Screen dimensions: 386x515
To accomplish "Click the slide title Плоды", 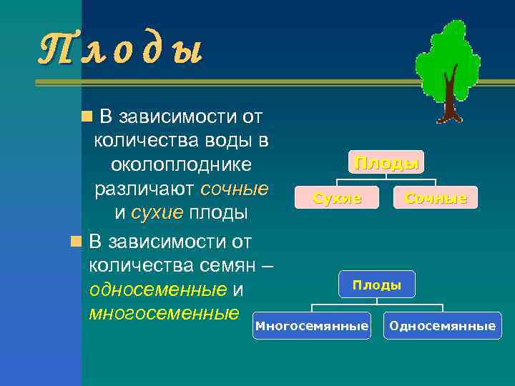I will click(120, 51).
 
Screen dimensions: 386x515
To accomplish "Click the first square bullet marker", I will click(86, 116).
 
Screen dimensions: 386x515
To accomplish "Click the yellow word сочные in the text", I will click(235, 189).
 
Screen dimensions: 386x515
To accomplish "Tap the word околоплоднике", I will click(181, 164).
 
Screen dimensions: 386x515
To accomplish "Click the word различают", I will click(145, 189).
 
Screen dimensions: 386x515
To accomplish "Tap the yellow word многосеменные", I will click(164, 313).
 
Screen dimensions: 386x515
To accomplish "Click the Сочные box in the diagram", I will click(436, 198).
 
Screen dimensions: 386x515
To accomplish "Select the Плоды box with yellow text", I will click(386, 162).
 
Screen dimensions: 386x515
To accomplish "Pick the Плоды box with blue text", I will click(376, 285).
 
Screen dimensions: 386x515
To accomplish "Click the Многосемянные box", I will click(312, 326).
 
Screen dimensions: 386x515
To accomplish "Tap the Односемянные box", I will click(441, 326).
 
